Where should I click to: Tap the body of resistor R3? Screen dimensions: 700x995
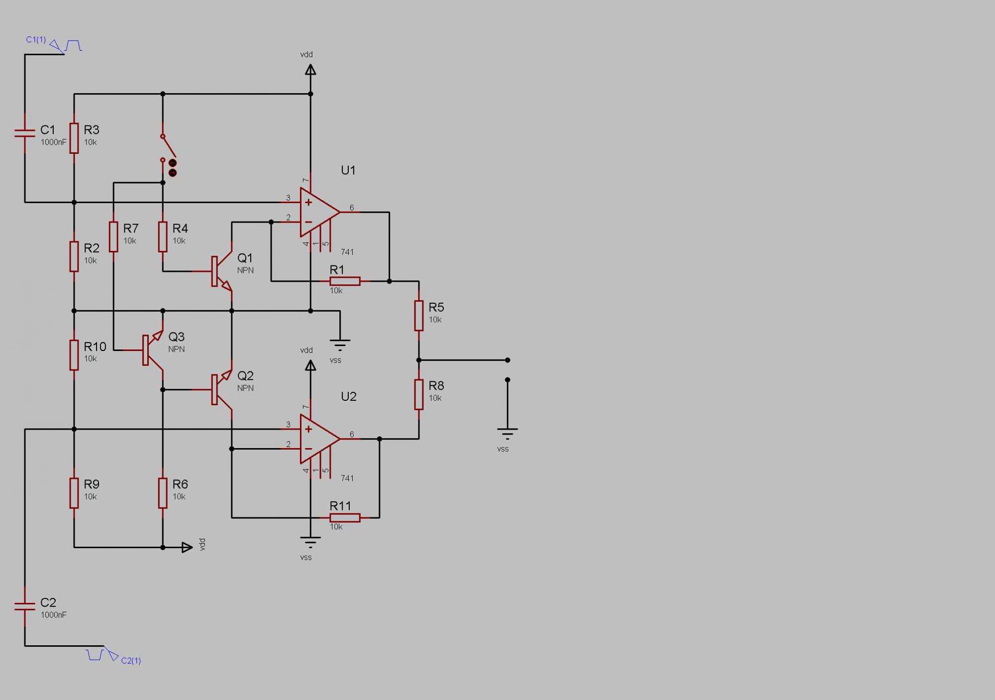coord(74,138)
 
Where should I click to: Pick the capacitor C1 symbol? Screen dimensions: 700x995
coord(25,132)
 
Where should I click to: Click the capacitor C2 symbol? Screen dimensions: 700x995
coord(25,605)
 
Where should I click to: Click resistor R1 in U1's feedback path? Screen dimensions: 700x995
coord(345,281)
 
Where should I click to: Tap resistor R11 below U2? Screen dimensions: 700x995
coord(345,518)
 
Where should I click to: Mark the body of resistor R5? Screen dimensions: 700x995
coord(419,315)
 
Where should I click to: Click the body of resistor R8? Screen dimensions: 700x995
coord(419,394)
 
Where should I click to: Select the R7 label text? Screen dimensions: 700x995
coord(131,229)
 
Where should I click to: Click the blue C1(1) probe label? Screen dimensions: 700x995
coord(36,39)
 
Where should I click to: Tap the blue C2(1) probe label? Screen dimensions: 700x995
coord(131,661)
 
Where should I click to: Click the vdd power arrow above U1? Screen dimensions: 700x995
coord(310,70)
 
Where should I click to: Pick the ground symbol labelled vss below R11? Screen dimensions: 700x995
coord(310,541)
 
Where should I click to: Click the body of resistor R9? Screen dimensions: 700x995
coord(74,493)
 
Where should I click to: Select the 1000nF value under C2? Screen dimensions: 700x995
coord(54,615)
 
